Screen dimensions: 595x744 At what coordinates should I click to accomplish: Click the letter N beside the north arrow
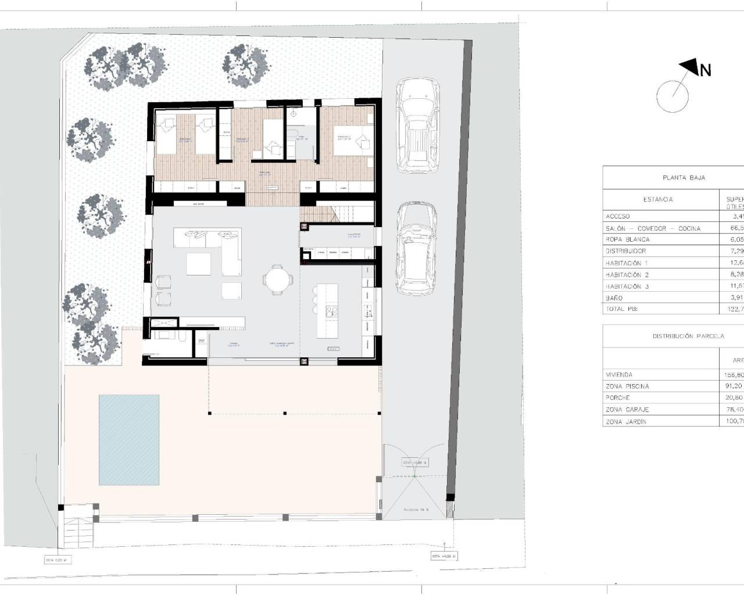pyautogui.click(x=705, y=71)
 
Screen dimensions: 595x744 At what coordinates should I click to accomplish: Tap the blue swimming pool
pyautogui.click(x=129, y=440)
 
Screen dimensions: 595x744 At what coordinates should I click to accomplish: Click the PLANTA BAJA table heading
pyautogui.click(x=684, y=178)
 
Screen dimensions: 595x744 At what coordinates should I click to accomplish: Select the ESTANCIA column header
pyautogui.click(x=658, y=199)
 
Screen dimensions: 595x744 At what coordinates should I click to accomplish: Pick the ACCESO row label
pyautogui.click(x=617, y=216)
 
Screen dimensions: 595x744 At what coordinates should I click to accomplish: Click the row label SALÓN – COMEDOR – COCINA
pyautogui.click(x=653, y=228)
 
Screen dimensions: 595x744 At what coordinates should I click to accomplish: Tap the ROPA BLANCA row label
pyautogui.click(x=627, y=239)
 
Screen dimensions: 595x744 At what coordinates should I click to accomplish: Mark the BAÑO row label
pyautogui.click(x=614, y=298)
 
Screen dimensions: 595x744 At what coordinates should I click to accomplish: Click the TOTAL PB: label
pyautogui.click(x=621, y=309)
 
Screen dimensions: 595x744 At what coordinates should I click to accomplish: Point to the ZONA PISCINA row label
pyautogui.click(x=627, y=386)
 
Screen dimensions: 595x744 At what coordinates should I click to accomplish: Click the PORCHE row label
pyautogui.click(x=617, y=398)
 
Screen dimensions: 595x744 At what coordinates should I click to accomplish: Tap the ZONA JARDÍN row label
pyautogui.click(x=625, y=422)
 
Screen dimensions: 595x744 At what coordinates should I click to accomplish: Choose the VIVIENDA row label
pyautogui.click(x=619, y=375)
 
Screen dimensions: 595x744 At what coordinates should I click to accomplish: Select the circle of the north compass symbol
pyautogui.click(x=673, y=96)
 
